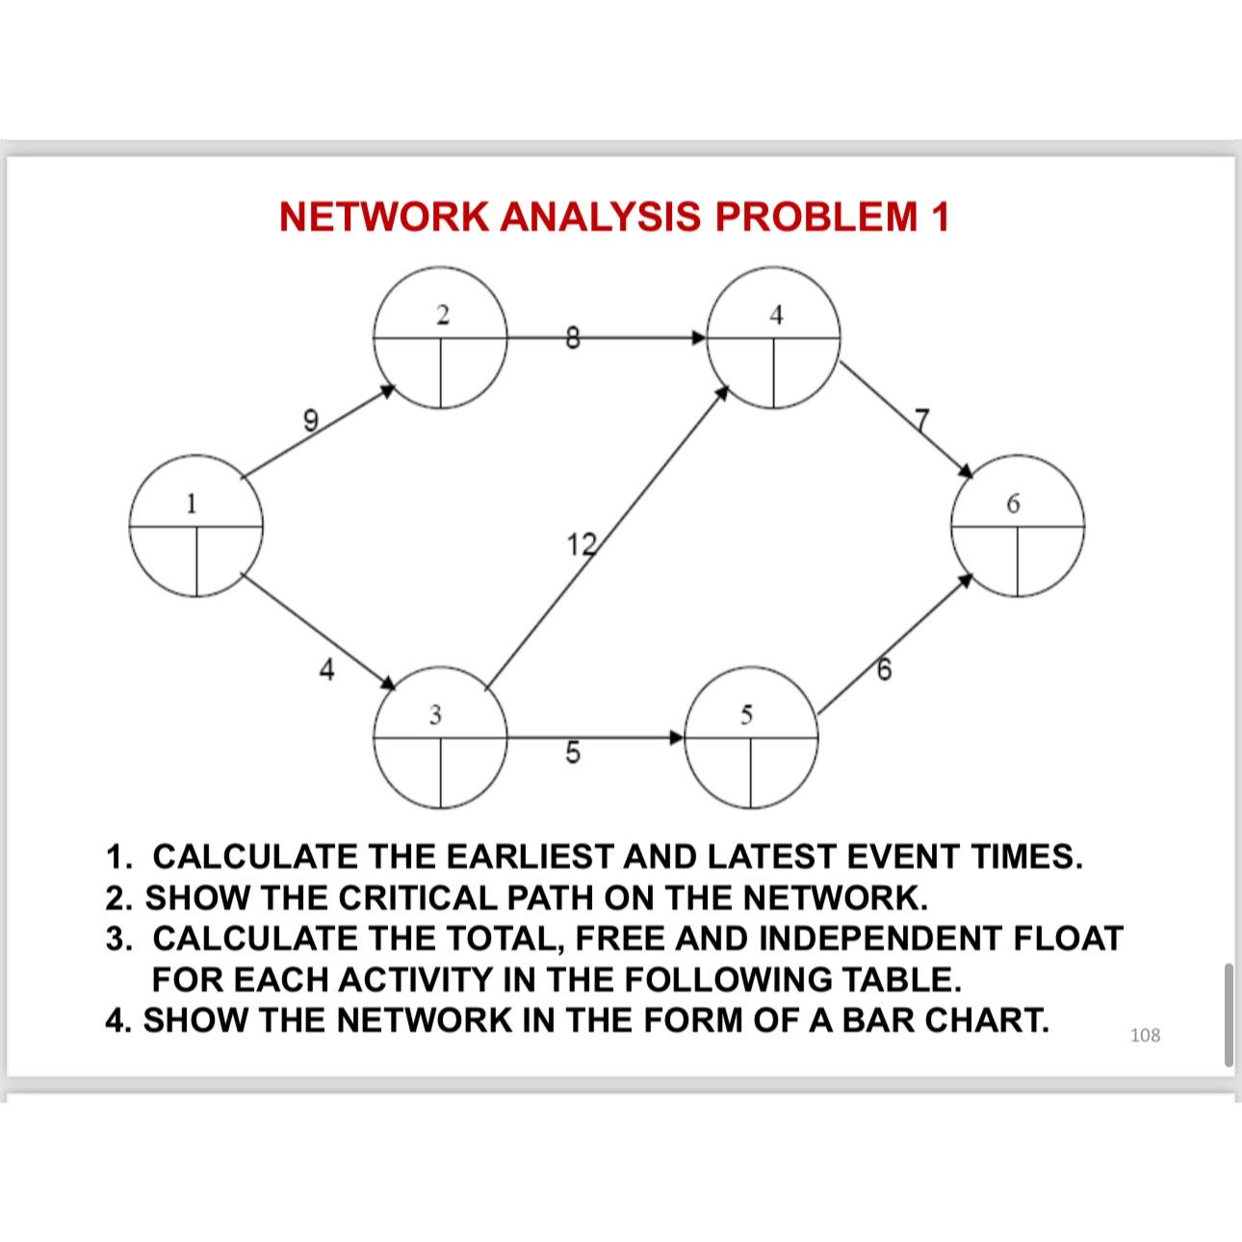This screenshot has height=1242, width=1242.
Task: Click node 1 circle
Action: click(x=196, y=529)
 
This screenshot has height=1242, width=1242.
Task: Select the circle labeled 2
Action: click(x=441, y=339)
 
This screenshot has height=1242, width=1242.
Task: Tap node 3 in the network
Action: click(x=441, y=738)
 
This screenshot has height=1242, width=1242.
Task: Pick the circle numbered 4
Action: click(x=774, y=338)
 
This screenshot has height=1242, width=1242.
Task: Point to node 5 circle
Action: click(x=750, y=738)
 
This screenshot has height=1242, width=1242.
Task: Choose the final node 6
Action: click(x=1018, y=527)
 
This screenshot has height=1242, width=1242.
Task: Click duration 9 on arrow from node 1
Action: click(x=310, y=420)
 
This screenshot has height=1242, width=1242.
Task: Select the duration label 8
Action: click(x=572, y=338)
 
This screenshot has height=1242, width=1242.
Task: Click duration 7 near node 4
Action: click(x=921, y=420)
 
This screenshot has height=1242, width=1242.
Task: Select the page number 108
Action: click(x=1145, y=1035)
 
